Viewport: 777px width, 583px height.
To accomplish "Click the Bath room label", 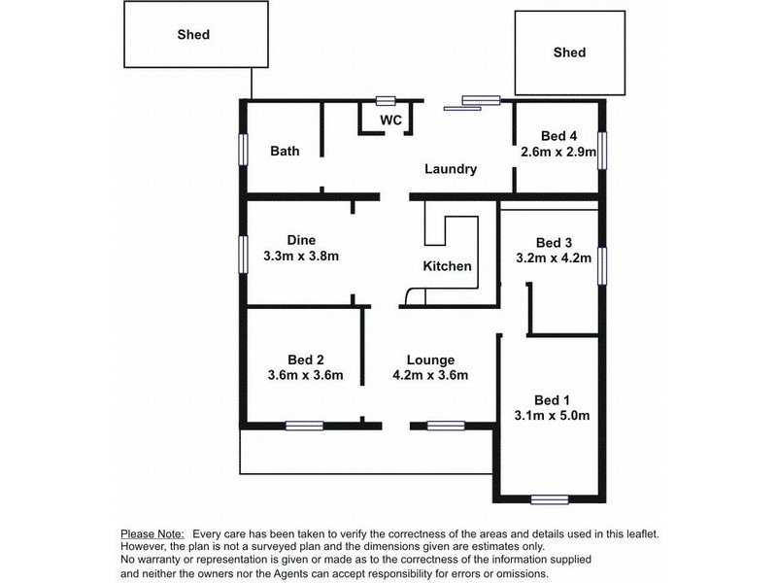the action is (285, 151).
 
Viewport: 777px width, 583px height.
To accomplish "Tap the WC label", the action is (390, 120).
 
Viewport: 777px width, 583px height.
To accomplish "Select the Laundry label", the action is (451, 169).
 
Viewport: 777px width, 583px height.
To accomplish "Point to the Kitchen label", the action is (447, 266).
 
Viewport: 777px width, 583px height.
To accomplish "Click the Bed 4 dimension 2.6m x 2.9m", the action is (558, 152).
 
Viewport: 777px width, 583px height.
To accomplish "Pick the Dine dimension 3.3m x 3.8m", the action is (301, 257).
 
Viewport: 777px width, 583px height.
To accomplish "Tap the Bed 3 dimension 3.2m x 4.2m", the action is (554, 258).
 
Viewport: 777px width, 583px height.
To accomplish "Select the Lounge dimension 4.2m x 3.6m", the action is (430, 375).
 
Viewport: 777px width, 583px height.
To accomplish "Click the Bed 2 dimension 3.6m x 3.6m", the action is (305, 375).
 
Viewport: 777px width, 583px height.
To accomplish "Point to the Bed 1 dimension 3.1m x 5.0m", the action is (552, 416).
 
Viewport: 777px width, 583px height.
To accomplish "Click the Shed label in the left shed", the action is (193, 35).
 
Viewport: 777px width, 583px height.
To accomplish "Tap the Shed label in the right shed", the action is (569, 52).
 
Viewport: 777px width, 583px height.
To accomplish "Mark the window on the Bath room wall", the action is (243, 150).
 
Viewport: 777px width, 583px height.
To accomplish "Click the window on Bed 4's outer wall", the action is (602, 151).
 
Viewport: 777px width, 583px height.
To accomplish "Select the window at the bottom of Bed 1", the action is (550, 499).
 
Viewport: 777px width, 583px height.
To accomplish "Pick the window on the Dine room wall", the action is (243, 255).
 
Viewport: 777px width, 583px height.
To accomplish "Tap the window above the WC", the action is (385, 101).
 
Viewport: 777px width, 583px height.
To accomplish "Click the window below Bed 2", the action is (304, 426).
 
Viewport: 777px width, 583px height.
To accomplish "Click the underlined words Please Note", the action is (152, 534).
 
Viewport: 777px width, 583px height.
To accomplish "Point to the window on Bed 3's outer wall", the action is (602, 266).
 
